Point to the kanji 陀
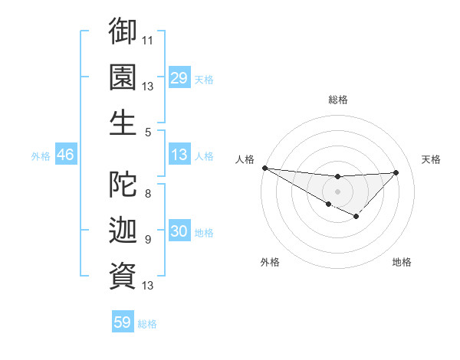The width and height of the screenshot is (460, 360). [x=123, y=182]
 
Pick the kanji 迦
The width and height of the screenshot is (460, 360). [x=123, y=229]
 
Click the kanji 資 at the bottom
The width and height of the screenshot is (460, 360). [x=123, y=275]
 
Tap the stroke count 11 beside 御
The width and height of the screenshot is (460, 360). [x=148, y=39]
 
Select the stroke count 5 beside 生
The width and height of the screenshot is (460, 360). [x=148, y=132]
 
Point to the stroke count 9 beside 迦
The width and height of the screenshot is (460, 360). [x=148, y=239]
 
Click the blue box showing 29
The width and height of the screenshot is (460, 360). [x=179, y=78]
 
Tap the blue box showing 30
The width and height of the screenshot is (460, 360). [x=179, y=232]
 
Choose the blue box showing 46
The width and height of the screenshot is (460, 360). [x=65, y=155]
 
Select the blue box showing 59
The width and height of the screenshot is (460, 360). [x=123, y=322]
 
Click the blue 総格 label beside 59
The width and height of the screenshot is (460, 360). [x=147, y=324]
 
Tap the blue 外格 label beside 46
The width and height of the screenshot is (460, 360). [x=41, y=155]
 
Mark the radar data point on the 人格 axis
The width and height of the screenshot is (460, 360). [x=264, y=168]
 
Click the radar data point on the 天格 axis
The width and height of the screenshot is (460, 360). [x=396, y=172]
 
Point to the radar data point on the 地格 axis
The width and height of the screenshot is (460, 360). [x=356, y=218]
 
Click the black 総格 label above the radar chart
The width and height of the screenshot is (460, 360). [x=337, y=99]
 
